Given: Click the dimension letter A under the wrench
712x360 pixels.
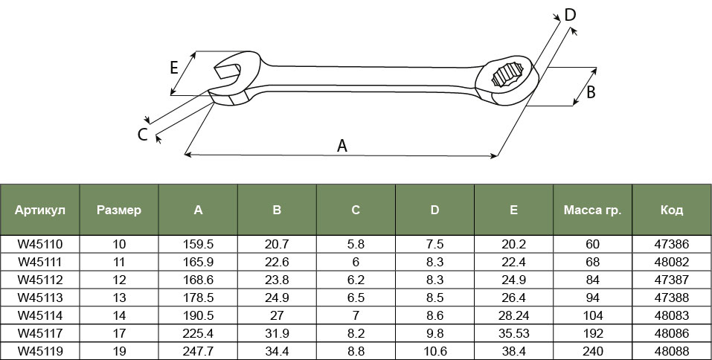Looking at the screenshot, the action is pyautogui.click(x=342, y=146).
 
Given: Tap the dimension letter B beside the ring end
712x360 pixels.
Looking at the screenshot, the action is pyautogui.click(x=591, y=92).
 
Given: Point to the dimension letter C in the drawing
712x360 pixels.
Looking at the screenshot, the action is pyautogui.click(x=143, y=135).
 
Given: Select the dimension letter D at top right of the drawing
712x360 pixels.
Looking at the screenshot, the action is pyautogui.click(x=570, y=15).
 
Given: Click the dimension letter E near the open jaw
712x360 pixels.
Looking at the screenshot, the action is pyautogui.click(x=174, y=68).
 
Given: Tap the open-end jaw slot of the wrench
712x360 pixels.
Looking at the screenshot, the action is pyautogui.click(x=227, y=71).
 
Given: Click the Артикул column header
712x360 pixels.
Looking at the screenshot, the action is pyautogui.click(x=40, y=210).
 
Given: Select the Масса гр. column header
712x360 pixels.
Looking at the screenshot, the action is pyautogui.click(x=592, y=210).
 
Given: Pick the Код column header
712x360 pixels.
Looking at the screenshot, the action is pyautogui.click(x=672, y=210).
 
